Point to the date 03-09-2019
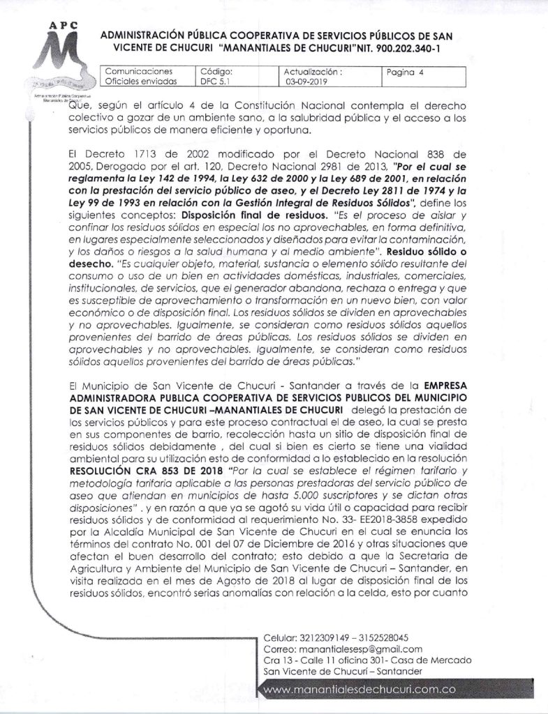point(305,81)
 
